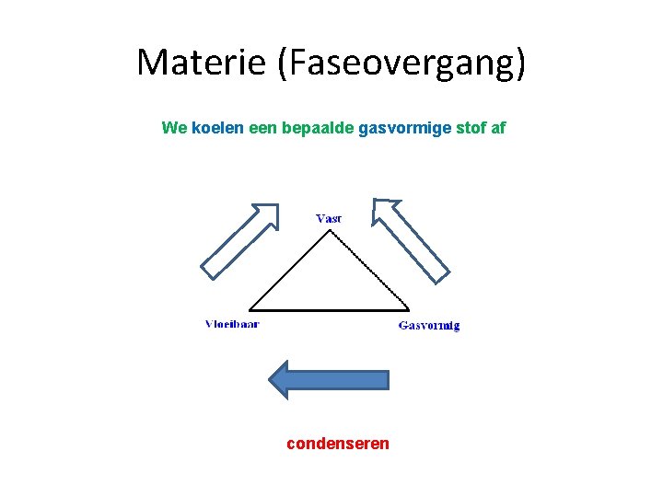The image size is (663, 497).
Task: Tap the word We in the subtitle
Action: (174, 128)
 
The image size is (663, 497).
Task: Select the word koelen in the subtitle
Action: (218, 128)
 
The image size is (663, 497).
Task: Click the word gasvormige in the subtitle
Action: (404, 128)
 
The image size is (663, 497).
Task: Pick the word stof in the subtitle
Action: (471, 128)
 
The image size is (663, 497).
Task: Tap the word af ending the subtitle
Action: (498, 128)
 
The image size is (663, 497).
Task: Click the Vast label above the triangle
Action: (328, 218)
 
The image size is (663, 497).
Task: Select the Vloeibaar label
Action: (232, 323)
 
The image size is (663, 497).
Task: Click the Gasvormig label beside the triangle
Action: (429, 325)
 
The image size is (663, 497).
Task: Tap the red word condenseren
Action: (338, 444)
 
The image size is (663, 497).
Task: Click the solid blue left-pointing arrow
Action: (328, 378)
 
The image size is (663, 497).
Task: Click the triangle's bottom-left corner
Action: (250, 309)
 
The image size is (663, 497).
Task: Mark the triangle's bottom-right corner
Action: (409, 309)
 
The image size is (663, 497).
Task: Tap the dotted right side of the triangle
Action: (369, 270)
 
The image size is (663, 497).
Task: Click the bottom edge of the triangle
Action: (329, 309)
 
